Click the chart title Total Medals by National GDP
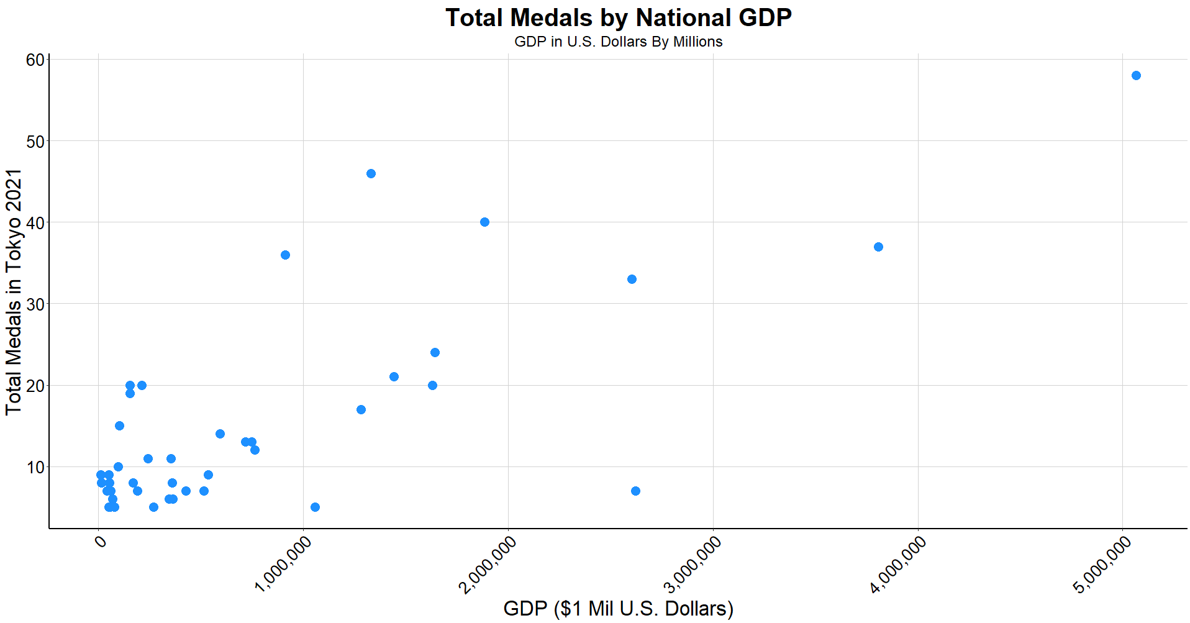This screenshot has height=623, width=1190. tap(618, 18)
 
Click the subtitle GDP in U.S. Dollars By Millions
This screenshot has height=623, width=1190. tap(618, 42)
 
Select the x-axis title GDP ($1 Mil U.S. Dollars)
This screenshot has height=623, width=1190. tap(618, 608)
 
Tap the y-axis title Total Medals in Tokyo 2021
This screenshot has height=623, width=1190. tap(14, 292)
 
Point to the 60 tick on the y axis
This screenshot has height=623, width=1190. tap(35, 60)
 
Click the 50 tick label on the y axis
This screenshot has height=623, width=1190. tap(35, 142)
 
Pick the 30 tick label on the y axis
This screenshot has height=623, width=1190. tap(35, 304)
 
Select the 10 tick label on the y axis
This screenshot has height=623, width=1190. tap(35, 467)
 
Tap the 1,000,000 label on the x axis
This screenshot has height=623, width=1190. tap(284, 564)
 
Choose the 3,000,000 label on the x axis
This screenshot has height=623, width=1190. tap(693, 564)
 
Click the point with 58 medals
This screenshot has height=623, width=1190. tap(1136, 76)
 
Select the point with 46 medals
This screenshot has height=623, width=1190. tap(371, 174)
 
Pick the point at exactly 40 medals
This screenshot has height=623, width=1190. tap(484, 222)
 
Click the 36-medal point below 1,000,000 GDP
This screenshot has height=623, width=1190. tap(285, 255)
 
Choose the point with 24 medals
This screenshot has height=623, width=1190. tap(435, 353)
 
